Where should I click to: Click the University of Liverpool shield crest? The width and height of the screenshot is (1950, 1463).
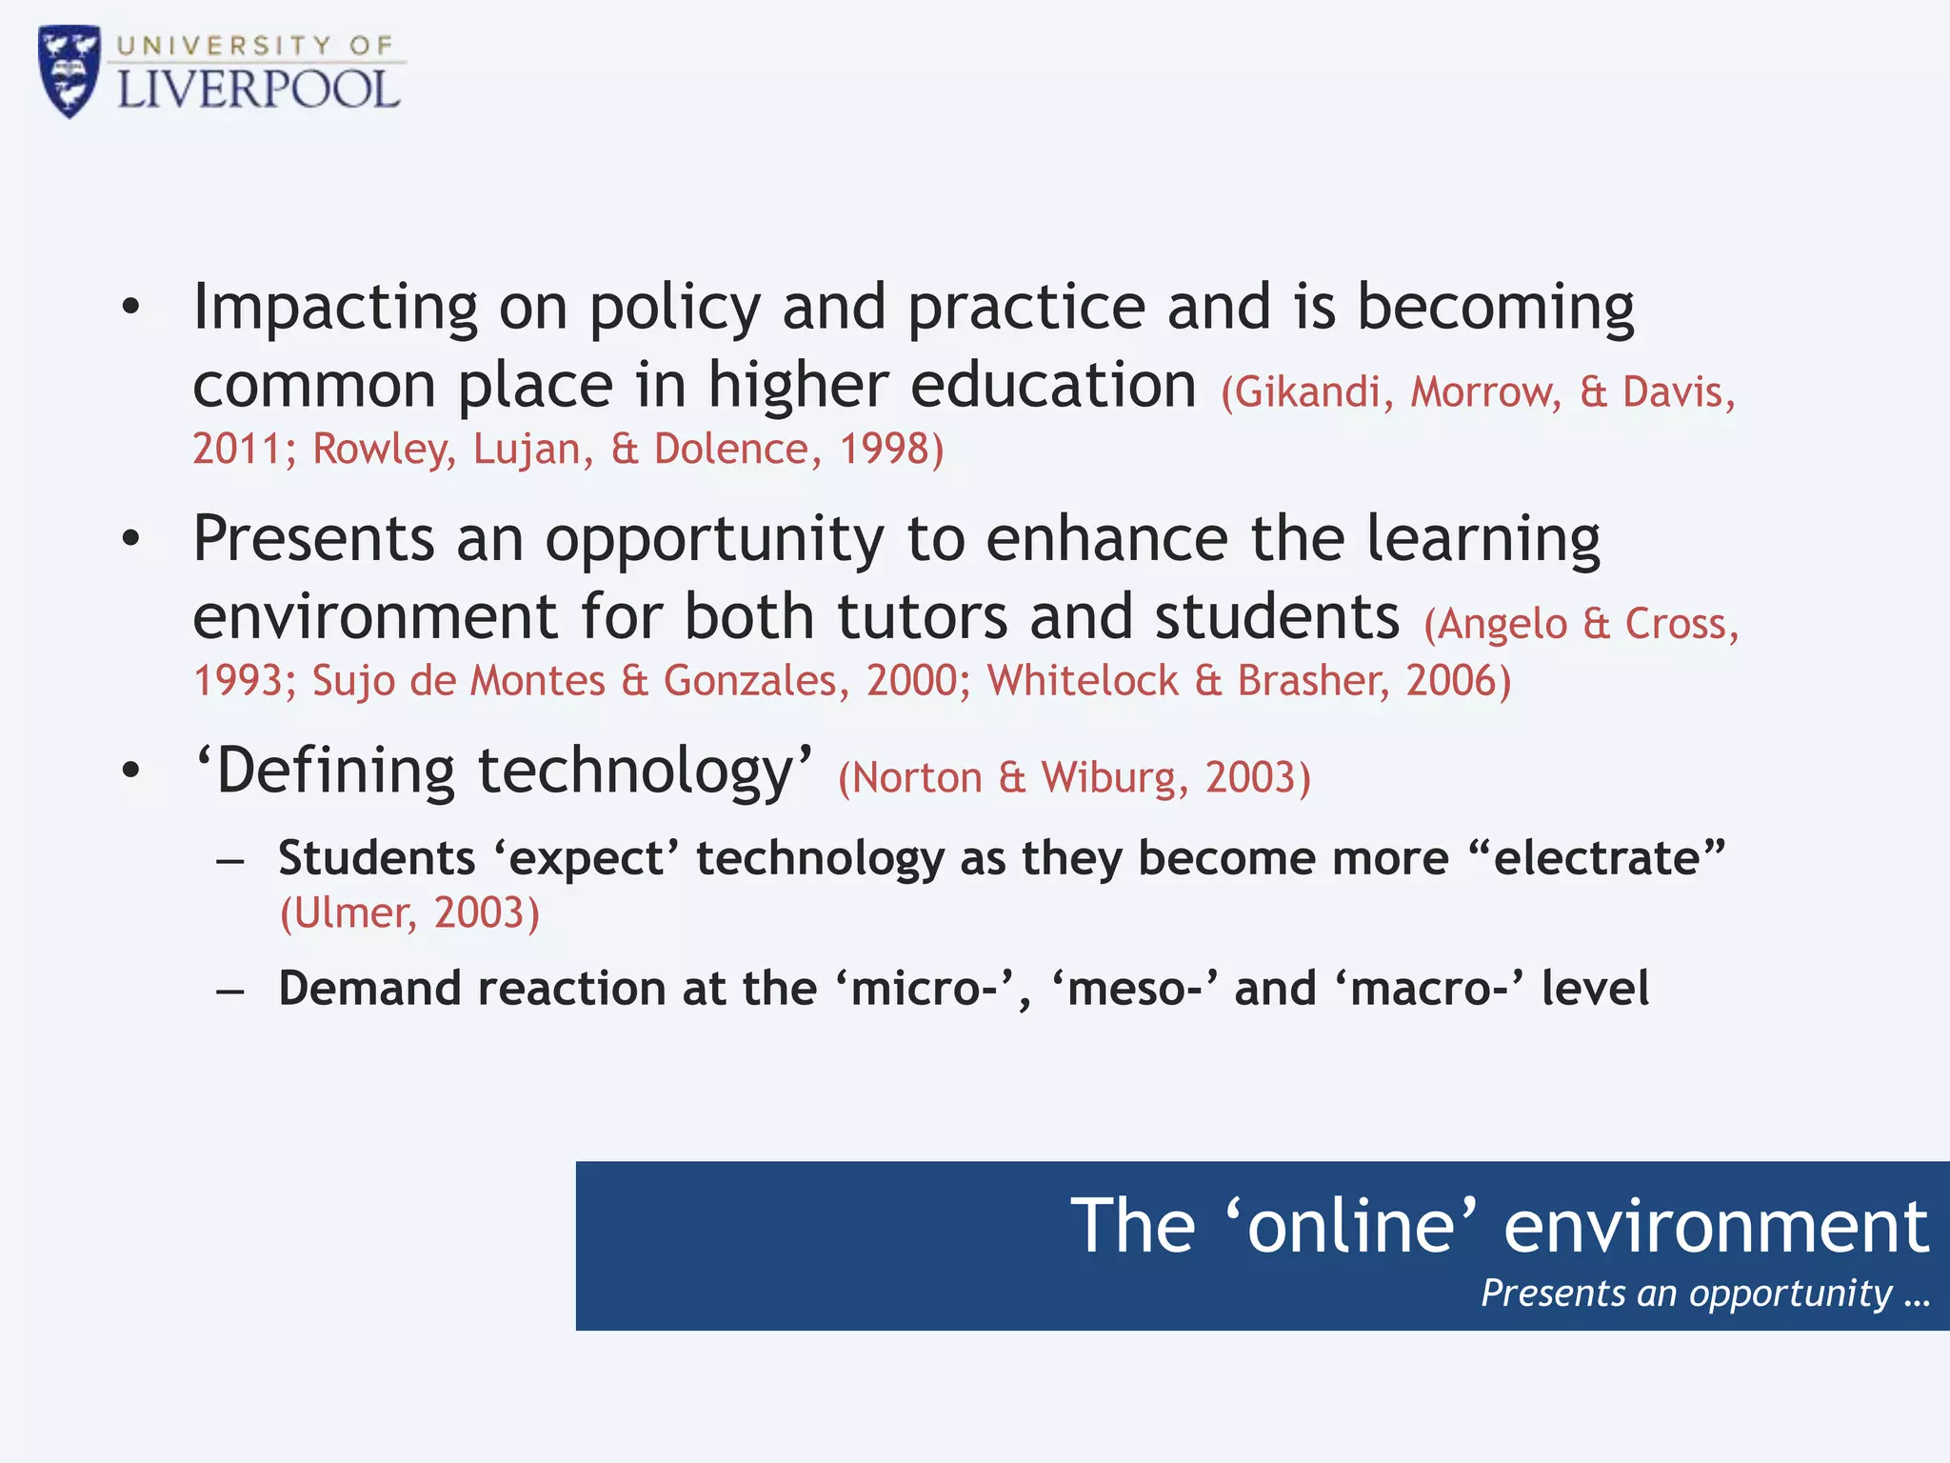[69, 70]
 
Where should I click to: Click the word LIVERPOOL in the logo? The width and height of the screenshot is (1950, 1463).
[258, 90]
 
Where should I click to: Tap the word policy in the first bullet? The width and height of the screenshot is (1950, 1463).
[674, 308]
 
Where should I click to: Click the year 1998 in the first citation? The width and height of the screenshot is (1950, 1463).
[884, 449]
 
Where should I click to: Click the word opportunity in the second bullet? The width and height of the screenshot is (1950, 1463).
[714, 540]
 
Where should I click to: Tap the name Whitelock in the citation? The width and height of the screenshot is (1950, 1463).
[1083, 680]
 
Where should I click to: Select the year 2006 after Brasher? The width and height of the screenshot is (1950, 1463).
[1451, 680]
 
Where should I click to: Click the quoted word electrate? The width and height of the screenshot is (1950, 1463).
[1596, 858]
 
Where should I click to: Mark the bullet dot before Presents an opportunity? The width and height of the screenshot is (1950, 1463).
[130, 539]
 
